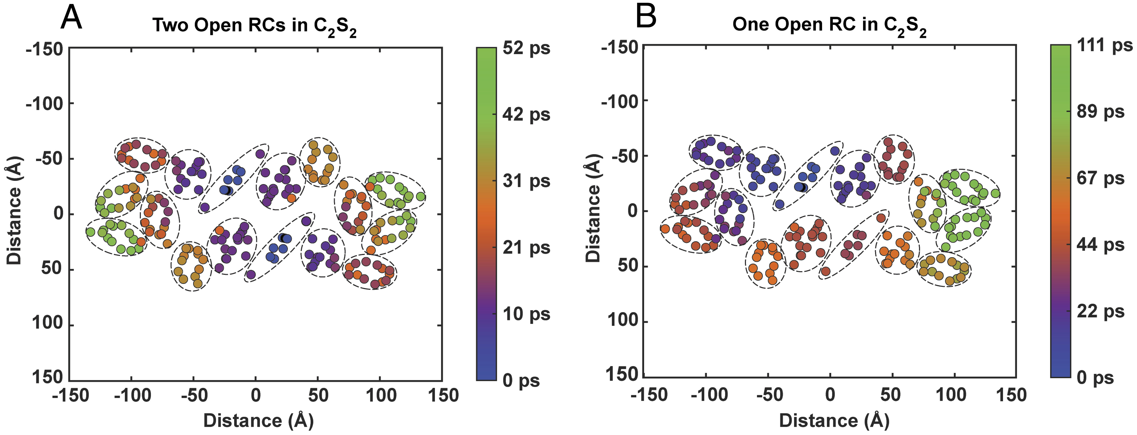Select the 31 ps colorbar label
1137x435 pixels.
526,181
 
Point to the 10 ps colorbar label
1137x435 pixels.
526,314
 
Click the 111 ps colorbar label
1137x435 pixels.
1105,45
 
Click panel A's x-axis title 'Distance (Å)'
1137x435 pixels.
258,420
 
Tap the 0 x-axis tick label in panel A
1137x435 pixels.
256,395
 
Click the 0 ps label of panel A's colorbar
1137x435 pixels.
521,380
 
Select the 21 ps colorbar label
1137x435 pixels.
526,248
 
